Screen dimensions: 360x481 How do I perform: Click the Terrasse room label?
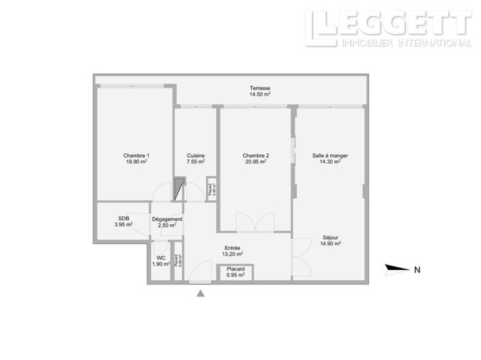(260, 89)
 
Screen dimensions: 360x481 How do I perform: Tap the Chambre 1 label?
(136, 155)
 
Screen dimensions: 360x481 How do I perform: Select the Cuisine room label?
(196, 155)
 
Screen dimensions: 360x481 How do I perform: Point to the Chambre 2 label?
(254, 155)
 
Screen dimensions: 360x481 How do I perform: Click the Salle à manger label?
(330, 155)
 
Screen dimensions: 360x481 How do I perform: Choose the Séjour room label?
(332, 237)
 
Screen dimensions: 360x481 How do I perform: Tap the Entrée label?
(233, 248)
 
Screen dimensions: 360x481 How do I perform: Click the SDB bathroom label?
(123, 219)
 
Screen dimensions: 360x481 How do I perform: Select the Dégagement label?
(167, 219)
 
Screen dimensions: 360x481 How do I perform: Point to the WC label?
(161, 258)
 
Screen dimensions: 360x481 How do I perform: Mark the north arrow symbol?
(397, 269)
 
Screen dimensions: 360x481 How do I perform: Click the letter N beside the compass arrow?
(416, 269)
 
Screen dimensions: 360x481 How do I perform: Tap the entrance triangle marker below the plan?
(201, 293)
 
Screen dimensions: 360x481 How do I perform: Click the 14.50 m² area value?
(260, 95)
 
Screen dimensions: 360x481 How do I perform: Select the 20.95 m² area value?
(254, 162)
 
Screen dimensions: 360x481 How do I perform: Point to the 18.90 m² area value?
(136, 162)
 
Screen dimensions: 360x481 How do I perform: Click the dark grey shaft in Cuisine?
(179, 188)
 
